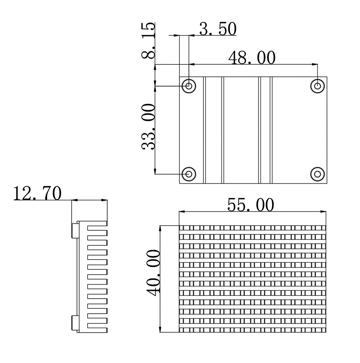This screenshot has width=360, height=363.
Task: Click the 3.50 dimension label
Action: point(218,29)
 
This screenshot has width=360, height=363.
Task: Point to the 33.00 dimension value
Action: point(148,127)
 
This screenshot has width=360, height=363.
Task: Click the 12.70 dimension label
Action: point(37,193)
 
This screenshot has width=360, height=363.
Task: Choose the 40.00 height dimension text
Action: point(155,273)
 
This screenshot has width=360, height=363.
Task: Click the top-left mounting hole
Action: point(189,86)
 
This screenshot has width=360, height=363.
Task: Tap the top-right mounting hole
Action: point(317,86)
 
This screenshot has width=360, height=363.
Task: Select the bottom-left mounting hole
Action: point(189,174)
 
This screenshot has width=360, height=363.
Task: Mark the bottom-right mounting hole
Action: point(317,174)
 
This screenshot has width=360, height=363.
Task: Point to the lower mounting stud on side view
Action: point(74,322)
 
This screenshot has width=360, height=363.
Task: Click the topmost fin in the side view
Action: point(97,223)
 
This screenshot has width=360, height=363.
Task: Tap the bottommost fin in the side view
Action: point(97,330)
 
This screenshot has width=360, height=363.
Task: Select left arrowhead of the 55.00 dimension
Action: point(181,212)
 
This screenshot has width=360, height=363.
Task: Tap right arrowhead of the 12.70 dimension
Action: point(105,200)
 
